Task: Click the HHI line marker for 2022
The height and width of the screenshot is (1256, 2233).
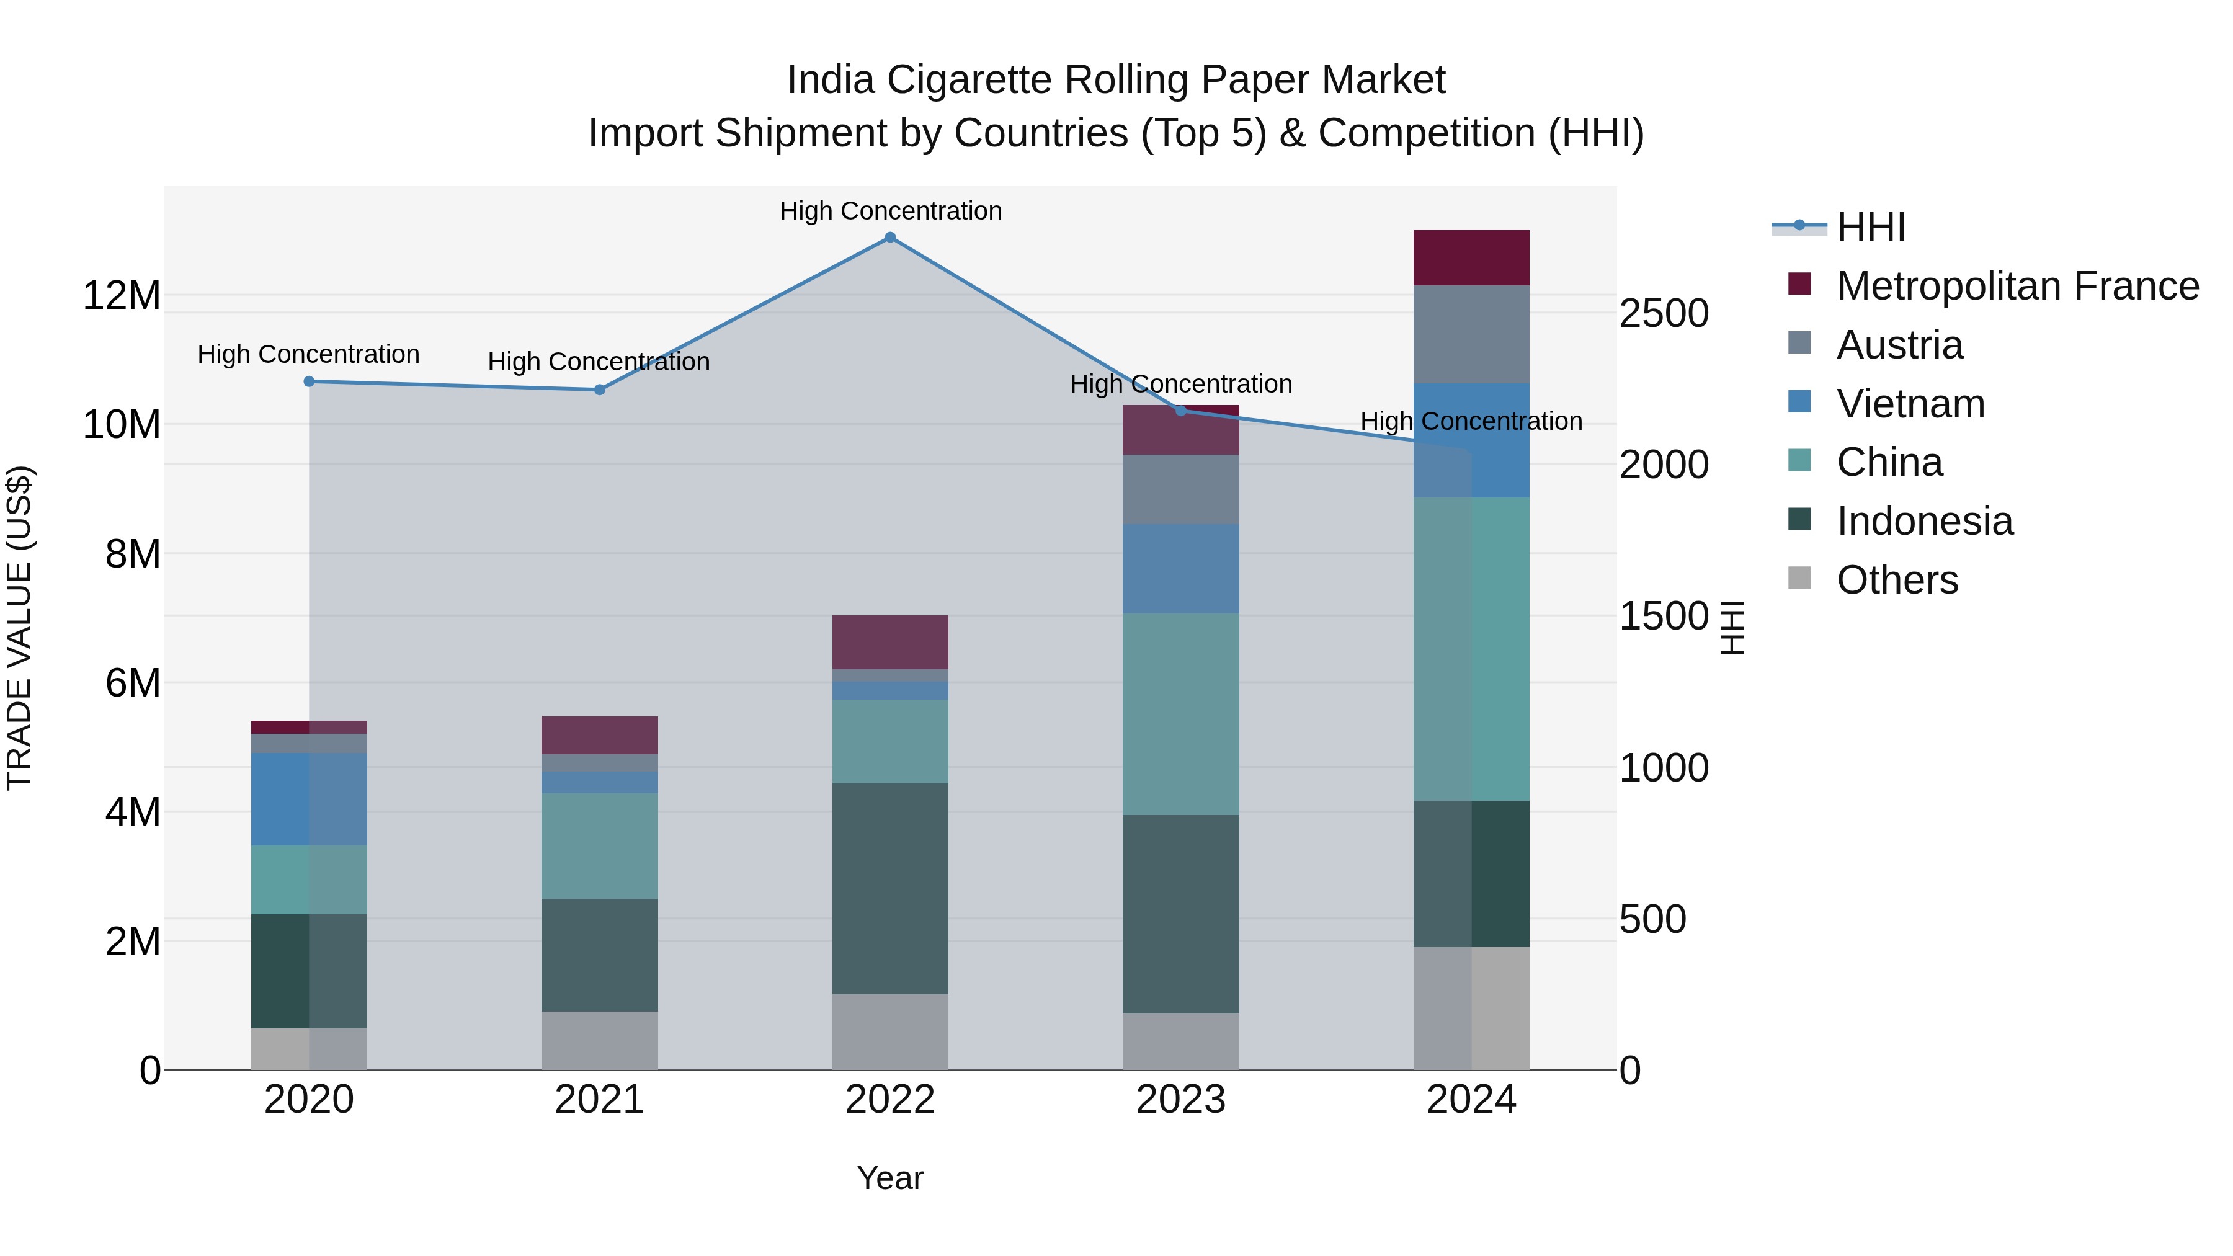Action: pos(889,238)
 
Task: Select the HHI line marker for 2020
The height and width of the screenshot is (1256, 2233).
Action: pos(309,381)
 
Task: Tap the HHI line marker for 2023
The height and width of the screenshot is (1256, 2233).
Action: pos(1180,411)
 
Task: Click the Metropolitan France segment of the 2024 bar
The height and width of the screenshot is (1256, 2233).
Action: pos(1471,258)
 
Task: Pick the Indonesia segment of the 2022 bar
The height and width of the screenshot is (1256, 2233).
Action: pos(889,888)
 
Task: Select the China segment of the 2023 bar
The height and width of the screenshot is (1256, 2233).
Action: pos(1180,715)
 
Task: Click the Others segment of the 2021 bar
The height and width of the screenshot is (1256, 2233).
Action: pos(599,1040)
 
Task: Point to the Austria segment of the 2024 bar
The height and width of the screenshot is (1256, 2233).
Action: pos(1471,334)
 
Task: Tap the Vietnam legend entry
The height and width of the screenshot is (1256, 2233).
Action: pos(1910,404)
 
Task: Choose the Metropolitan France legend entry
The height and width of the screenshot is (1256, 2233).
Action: pos(2017,286)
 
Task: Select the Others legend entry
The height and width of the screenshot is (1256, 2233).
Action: pos(1897,580)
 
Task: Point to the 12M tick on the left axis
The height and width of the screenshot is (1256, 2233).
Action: pos(122,296)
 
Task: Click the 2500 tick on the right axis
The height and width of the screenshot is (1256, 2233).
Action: pos(1664,314)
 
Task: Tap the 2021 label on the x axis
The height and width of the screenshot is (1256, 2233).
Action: pos(599,1100)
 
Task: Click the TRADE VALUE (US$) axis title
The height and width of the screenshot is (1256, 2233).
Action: pos(19,628)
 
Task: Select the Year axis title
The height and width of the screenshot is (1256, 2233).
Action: pos(889,1178)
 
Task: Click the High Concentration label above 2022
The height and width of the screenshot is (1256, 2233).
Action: pos(890,211)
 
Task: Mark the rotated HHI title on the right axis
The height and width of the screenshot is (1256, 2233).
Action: pos(1731,628)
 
